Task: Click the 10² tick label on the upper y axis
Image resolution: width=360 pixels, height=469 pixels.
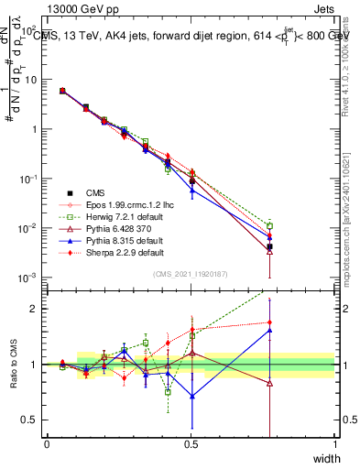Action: (30, 30)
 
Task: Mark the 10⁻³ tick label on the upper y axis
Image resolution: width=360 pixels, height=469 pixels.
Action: (30, 278)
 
